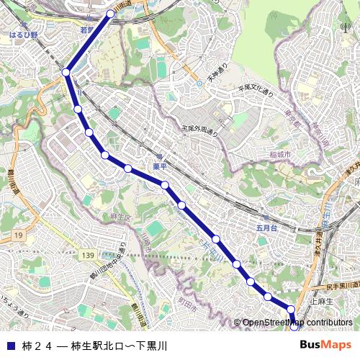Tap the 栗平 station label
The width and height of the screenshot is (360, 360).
coord(159,166)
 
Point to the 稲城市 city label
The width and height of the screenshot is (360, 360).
coord(279,155)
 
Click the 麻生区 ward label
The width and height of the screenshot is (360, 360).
coord(120,216)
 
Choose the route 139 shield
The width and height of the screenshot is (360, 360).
coord(89,256)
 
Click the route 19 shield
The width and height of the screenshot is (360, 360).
coord(18,235)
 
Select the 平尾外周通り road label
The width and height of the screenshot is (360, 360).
coord(199,130)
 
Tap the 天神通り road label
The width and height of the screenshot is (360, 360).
coord(217,73)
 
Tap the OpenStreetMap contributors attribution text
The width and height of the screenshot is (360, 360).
coord(297,323)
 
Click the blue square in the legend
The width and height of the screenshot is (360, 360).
coord(9,345)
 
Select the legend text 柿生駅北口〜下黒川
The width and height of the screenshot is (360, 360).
coord(119,345)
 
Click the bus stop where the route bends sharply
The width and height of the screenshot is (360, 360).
coord(66,72)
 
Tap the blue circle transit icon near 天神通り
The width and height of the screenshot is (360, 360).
coord(199,83)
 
